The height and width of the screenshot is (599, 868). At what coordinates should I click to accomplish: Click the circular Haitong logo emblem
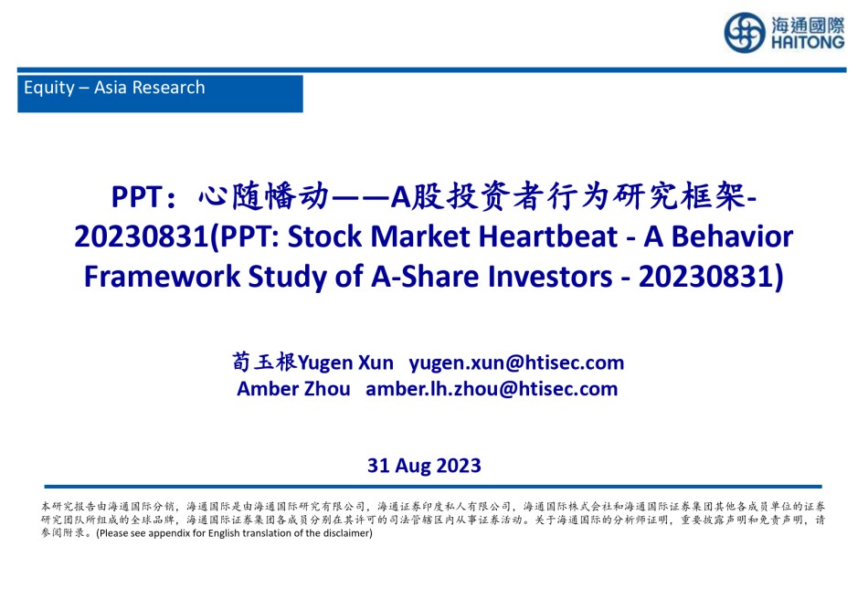pyautogui.click(x=745, y=33)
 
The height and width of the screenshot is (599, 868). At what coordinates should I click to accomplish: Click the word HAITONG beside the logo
pyautogui.click(x=808, y=42)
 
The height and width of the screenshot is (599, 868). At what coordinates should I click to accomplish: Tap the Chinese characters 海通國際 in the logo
pyautogui.click(x=808, y=25)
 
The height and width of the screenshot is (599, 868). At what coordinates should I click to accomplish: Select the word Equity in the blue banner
pyautogui.click(x=49, y=88)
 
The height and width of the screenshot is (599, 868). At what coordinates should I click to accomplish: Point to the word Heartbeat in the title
pyautogui.click(x=547, y=236)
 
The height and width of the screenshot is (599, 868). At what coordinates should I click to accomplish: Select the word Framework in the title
pyautogui.click(x=162, y=276)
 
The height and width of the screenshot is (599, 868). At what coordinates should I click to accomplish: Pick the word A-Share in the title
pyautogui.click(x=425, y=276)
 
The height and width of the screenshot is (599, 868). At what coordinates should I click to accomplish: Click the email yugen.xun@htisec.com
pyautogui.click(x=516, y=363)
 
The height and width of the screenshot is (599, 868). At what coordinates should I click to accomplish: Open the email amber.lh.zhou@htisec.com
pyautogui.click(x=492, y=389)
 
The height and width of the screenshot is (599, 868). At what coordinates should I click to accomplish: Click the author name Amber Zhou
pyautogui.click(x=293, y=389)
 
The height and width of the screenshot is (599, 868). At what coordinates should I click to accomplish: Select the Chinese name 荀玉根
pyautogui.click(x=265, y=362)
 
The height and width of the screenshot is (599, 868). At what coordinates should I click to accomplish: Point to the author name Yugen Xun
pyautogui.click(x=345, y=363)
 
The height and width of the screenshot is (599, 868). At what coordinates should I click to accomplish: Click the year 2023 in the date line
pyautogui.click(x=459, y=466)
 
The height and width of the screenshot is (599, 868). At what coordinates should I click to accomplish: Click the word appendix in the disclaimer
pyautogui.click(x=169, y=534)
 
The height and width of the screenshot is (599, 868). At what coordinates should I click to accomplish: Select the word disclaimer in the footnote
pyautogui.click(x=346, y=533)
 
